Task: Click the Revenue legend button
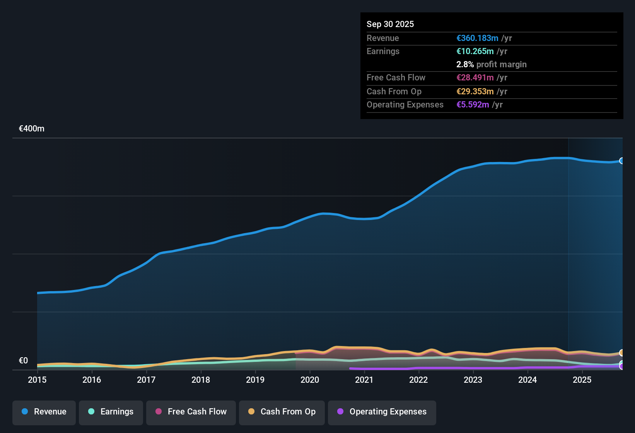[x=44, y=412]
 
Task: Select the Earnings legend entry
[x=111, y=412]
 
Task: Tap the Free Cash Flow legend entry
[x=191, y=412]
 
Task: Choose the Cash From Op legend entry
[x=282, y=412]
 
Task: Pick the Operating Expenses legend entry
[x=382, y=412]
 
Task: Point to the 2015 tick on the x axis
[x=37, y=380]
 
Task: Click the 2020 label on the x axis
[x=310, y=380]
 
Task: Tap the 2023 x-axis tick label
[x=473, y=380]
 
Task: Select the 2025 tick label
[x=582, y=380]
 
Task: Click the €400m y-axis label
[x=32, y=129]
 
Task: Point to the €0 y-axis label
[x=24, y=361]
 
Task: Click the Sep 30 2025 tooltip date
[x=390, y=24]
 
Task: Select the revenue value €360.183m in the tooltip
[x=477, y=38]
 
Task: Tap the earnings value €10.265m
[x=475, y=51]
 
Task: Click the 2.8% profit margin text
[x=491, y=65]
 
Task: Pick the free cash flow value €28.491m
[x=475, y=78]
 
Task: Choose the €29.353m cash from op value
[x=475, y=92]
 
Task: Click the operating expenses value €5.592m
[x=473, y=105]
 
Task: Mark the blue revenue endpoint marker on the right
[x=621, y=161]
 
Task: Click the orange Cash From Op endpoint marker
[x=621, y=353]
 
